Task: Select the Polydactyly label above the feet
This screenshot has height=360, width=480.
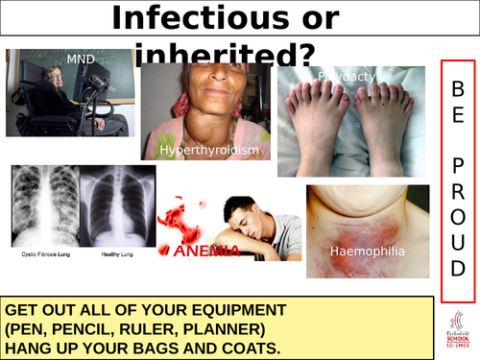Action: click(344, 75)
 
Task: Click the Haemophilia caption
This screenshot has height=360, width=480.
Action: click(367, 252)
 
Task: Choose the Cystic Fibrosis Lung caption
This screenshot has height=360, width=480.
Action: click(44, 255)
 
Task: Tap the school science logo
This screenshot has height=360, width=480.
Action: click(458, 332)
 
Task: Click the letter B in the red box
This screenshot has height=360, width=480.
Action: click(459, 88)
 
